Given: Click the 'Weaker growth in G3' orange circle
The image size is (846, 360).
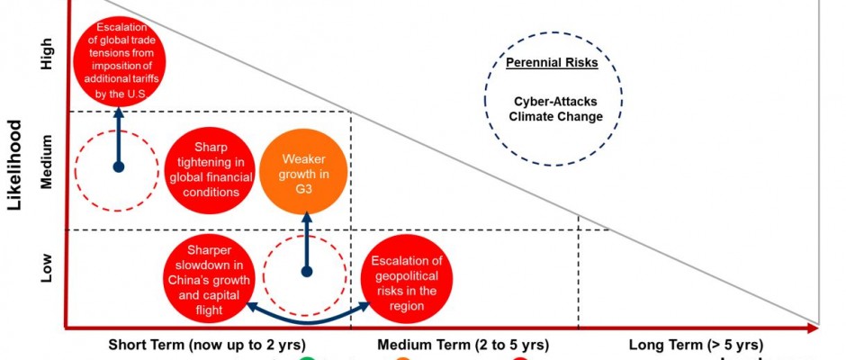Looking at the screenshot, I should click(305, 170).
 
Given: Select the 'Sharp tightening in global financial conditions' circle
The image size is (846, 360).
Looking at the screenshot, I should click(209, 168).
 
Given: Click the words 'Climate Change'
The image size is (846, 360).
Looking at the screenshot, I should click(555, 117).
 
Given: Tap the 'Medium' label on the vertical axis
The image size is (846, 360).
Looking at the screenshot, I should click(47, 162).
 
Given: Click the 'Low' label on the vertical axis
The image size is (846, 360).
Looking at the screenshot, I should click(47, 267).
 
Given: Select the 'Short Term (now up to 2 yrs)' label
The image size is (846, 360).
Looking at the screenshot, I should click(207, 345).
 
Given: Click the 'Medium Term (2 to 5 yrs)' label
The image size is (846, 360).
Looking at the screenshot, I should click(463, 345).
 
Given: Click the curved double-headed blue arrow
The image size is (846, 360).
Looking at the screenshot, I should click(307, 316).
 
